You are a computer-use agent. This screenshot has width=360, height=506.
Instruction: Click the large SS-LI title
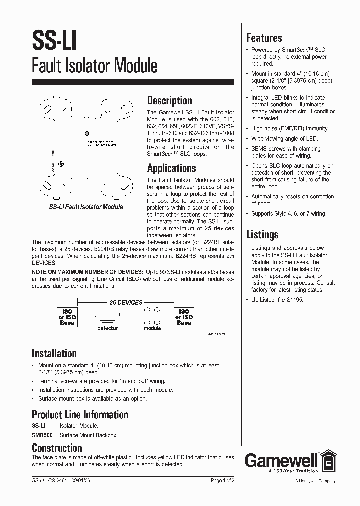(54, 39)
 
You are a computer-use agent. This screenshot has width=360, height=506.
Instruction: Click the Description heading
(169, 100)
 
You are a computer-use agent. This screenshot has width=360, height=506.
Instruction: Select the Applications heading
(171, 168)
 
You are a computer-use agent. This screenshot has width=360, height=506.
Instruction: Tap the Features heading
(264, 38)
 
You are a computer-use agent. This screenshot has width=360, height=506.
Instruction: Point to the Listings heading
(262, 234)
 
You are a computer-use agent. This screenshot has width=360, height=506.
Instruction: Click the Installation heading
(54, 353)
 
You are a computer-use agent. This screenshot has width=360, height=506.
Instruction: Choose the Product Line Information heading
(80, 414)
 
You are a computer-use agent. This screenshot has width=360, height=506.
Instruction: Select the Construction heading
(57, 448)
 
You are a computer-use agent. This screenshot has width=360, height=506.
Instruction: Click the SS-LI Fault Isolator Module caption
(86, 207)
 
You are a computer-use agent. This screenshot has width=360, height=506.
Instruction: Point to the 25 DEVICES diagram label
(126, 303)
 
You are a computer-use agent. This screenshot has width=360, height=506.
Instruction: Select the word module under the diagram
(152, 328)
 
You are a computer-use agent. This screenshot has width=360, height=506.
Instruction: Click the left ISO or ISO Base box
(67, 317)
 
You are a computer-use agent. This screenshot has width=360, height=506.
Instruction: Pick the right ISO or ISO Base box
(184, 317)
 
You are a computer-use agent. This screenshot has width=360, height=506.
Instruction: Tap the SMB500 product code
(42, 435)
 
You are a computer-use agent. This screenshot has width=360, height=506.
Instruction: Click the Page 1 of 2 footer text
(222, 480)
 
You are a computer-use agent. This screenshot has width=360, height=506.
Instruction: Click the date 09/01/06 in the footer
(82, 480)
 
